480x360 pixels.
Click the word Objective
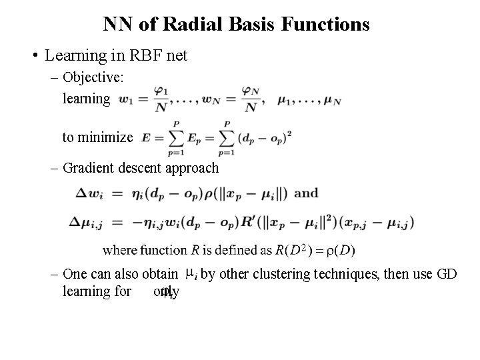(x=93, y=77)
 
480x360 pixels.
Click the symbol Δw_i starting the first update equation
(x=88, y=194)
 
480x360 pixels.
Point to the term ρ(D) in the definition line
(x=343, y=250)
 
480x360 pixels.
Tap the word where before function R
(x=119, y=250)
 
